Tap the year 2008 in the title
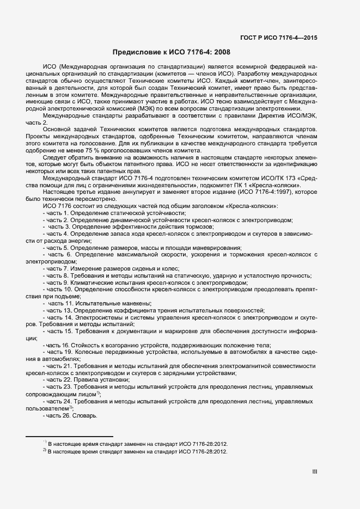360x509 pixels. pos(222,53)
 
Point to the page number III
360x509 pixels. pos(314,473)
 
